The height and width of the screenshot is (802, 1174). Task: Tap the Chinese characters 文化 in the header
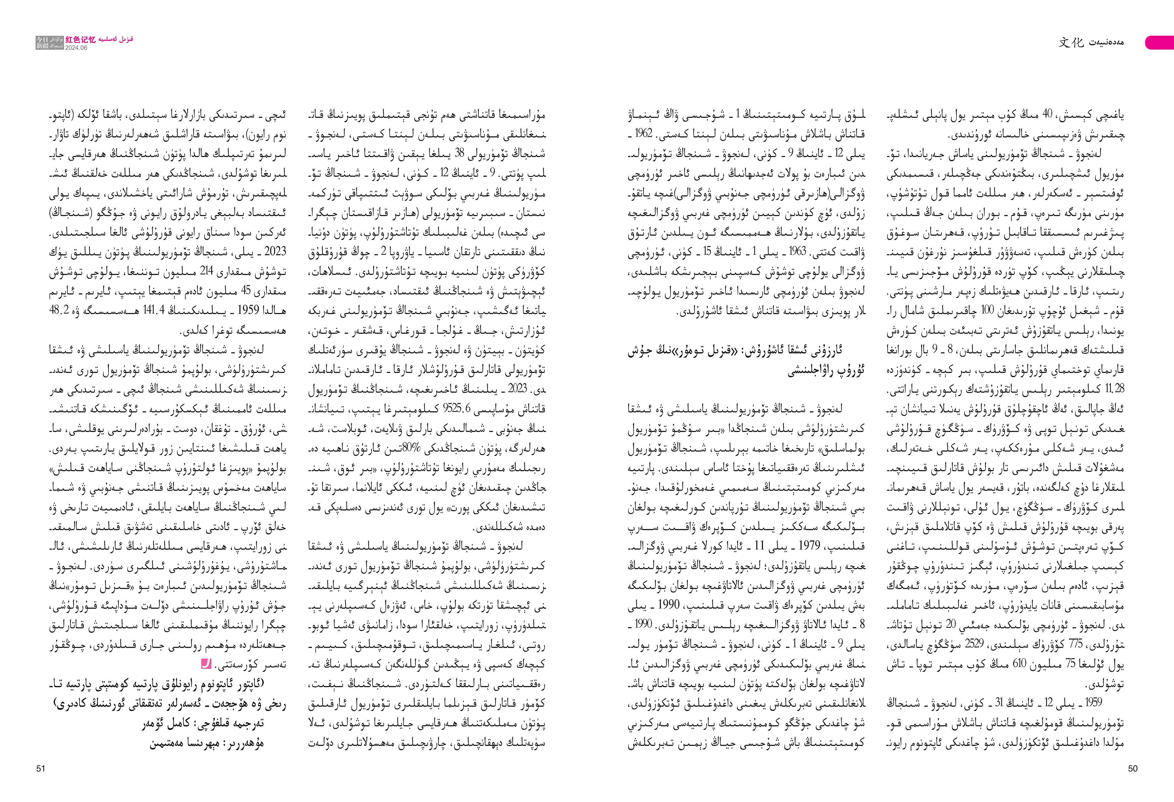1071,43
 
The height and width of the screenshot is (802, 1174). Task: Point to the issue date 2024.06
76,48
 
